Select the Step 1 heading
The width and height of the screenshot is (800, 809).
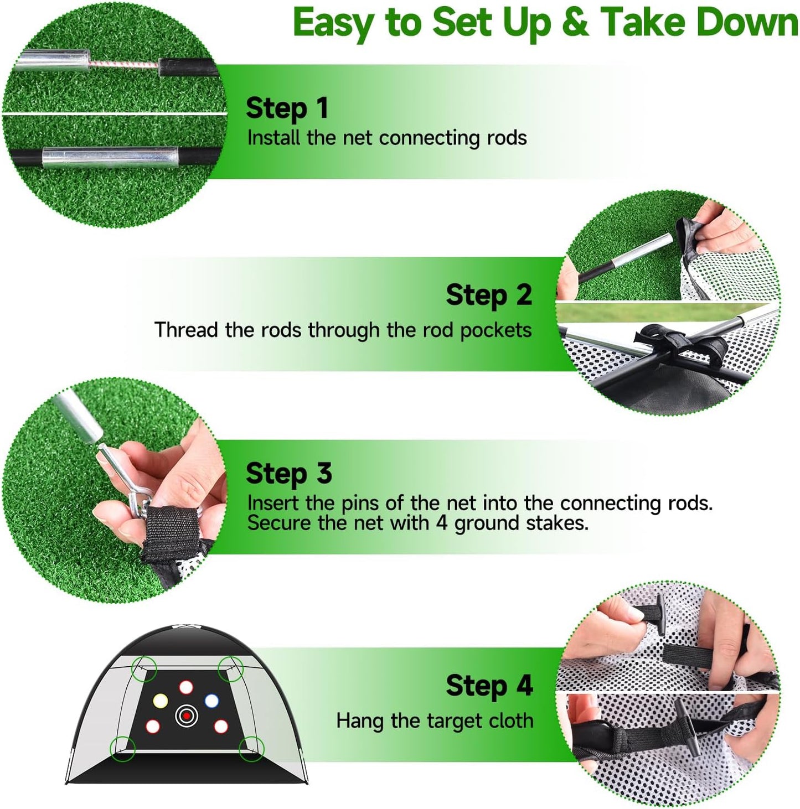pyautogui.click(x=287, y=108)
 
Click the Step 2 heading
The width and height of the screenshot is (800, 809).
pyautogui.click(x=488, y=295)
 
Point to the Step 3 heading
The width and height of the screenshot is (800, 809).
pyautogui.click(x=288, y=474)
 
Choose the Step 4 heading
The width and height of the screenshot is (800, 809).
pyautogui.click(x=488, y=686)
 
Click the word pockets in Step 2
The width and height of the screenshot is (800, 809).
pyautogui.click(x=496, y=330)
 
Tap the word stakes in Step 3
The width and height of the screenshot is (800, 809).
pyautogui.click(x=556, y=523)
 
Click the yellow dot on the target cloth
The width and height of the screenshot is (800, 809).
pyautogui.click(x=160, y=701)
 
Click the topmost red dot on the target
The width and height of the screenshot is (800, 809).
pyautogui.click(x=186, y=688)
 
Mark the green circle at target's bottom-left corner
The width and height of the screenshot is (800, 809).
pyautogui.click(x=123, y=749)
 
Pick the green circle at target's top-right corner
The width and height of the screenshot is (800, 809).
pyautogui.click(x=230, y=669)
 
